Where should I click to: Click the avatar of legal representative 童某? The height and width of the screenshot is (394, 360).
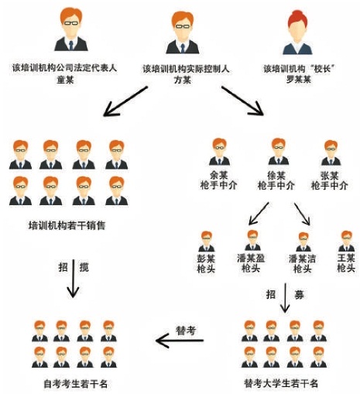click(71, 29)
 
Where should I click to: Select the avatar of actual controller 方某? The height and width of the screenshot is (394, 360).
click(183, 33)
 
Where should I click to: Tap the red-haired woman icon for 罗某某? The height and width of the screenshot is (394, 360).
click(297, 33)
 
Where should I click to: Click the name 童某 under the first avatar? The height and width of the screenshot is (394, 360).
click(65, 80)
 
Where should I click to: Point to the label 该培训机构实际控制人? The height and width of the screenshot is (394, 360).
click(186, 69)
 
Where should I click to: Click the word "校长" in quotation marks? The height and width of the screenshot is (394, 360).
click(323, 69)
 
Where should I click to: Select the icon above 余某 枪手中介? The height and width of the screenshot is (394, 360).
click(219, 152)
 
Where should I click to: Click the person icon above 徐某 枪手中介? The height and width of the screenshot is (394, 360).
click(279, 152)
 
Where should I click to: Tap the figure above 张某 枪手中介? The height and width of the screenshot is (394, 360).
click(331, 152)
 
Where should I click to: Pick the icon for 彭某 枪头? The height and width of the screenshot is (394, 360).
click(207, 242)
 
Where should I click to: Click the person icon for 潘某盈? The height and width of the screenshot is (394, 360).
click(252, 240)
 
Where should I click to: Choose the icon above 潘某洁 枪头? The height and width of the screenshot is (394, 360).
click(303, 242)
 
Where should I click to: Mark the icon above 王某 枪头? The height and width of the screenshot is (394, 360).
click(346, 241)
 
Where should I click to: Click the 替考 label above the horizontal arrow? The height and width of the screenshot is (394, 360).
click(186, 331)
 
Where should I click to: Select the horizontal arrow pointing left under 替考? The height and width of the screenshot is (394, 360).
click(180, 341)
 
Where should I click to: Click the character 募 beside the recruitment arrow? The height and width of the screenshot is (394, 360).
click(299, 294)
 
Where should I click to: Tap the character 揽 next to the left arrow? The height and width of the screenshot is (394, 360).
click(84, 267)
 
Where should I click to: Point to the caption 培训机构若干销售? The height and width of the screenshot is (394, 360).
click(67, 225)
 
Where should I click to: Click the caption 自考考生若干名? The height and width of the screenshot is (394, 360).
click(76, 384)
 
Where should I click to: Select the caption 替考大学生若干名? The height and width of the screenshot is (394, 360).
click(281, 383)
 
